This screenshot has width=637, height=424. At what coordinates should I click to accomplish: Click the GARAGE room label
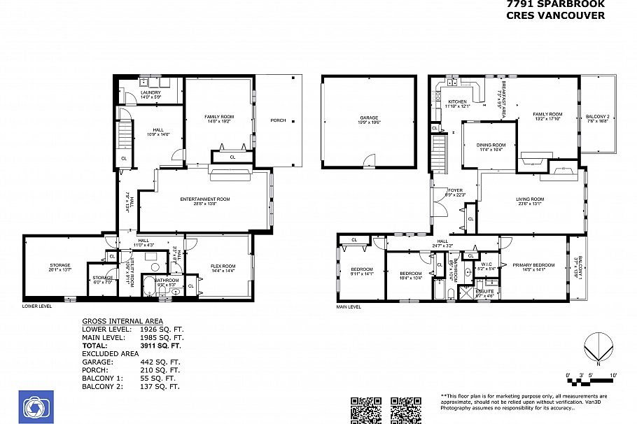[x=369, y=118]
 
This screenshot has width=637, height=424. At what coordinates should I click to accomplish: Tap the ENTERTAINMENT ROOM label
[x=205, y=199]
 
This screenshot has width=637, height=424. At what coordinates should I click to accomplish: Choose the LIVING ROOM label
[x=531, y=199]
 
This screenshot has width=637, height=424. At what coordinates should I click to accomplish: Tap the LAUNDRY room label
[x=150, y=92]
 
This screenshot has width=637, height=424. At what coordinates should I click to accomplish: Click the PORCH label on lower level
[x=278, y=120]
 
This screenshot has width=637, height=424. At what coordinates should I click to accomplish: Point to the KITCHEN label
[x=457, y=102]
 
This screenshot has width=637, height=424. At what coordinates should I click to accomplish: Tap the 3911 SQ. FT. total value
[x=161, y=346]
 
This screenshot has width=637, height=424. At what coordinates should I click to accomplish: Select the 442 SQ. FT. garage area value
[x=160, y=362]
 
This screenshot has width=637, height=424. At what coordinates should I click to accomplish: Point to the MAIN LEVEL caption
[x=348, y=306]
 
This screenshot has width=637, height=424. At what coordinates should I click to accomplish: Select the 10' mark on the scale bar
[x=612, y=376]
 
